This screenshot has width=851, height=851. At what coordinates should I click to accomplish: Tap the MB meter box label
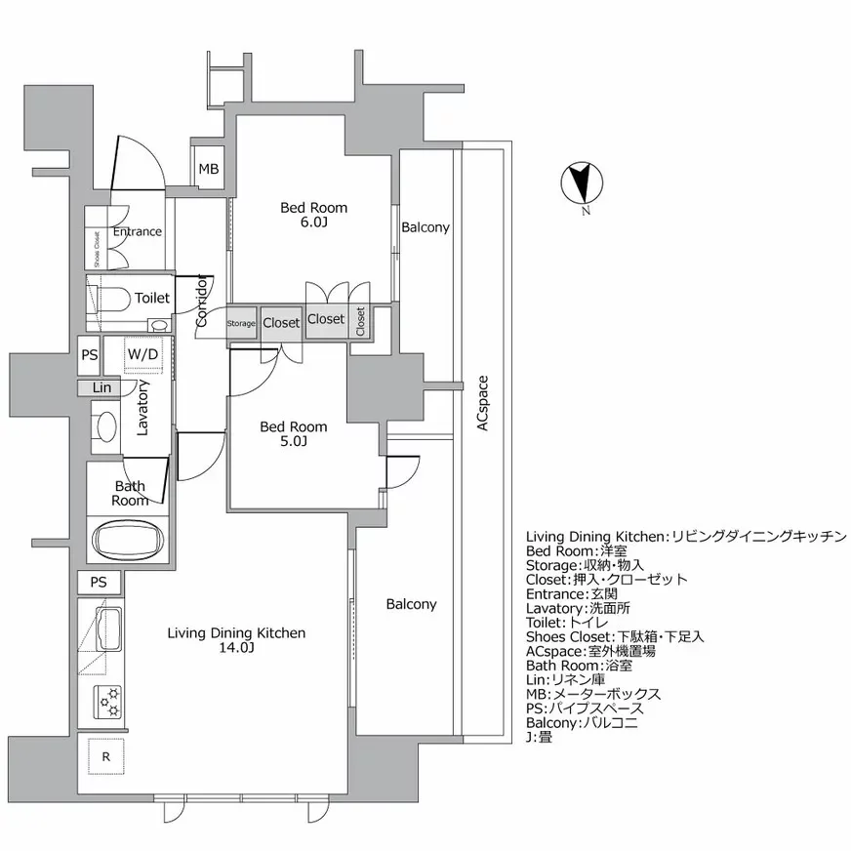[209, 169]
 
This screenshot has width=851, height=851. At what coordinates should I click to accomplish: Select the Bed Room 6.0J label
[313, 215]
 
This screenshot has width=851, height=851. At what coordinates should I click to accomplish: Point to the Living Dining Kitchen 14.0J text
[236, 640]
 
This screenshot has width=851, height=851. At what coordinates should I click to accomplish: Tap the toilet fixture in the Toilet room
[109, 299]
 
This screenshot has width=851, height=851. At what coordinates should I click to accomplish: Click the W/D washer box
[142, 354]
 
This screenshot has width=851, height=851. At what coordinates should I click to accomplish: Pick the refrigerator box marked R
[104, 754]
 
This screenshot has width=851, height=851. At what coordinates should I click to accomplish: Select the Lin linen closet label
[101, 387]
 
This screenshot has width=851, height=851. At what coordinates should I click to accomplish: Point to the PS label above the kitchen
[99, 583]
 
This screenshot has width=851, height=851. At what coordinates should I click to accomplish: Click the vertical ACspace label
[482, 404]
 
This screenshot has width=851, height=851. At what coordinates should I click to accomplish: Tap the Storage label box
[241, 323]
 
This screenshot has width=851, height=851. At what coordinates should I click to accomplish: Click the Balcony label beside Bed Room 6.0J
[425, 227]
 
